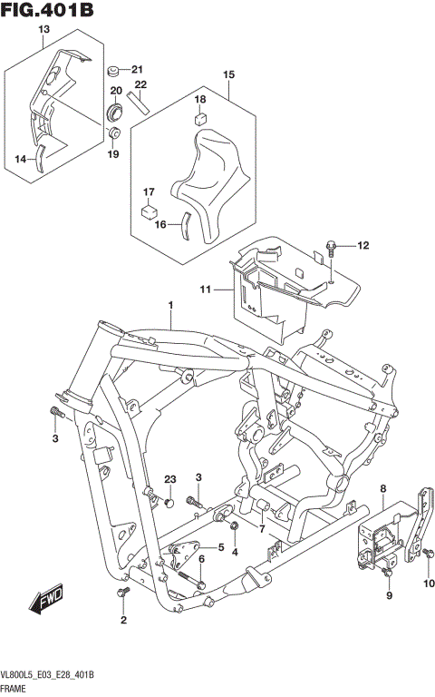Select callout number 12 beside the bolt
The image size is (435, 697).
[362, 245]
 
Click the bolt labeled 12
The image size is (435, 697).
[333, 244]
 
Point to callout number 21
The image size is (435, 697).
[137, 70]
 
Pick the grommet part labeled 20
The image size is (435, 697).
[115, 112]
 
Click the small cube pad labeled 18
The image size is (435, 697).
[200, 116]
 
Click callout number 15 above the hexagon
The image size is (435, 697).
[228, 74]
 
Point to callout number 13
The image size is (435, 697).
[43, 30]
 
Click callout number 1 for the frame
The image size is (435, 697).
[169, 306]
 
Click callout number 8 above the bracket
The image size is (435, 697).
[382, 489]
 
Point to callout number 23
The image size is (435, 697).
[169, 479]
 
